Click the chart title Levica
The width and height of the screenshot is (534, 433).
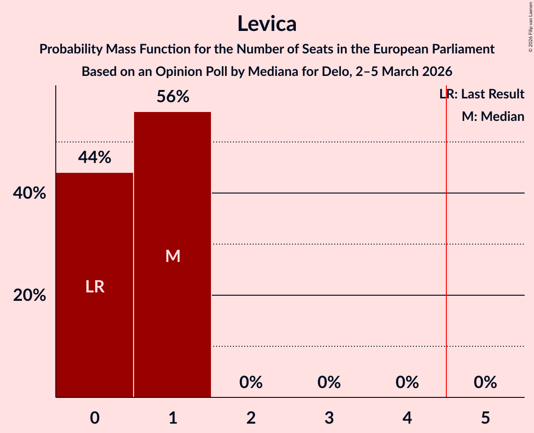point(267,23)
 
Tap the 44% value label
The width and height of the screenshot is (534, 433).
point(95,157)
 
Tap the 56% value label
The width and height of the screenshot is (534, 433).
point(173,97)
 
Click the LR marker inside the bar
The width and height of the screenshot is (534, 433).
point(95,286)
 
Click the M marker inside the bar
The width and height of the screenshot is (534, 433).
point(173,256)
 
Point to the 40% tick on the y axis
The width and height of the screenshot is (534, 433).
point(29,193)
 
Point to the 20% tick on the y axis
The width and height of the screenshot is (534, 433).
point(29,295)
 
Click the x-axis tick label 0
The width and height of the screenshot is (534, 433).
point(95,418)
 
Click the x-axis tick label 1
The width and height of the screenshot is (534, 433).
point(173,418)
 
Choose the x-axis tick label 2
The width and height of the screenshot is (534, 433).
point(251,418)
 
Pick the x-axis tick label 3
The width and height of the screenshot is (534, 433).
point(329,418)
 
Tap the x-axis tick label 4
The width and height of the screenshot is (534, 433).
point(407,418)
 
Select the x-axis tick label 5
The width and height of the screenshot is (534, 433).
point(485,418)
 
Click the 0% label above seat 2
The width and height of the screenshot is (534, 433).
point(251,382)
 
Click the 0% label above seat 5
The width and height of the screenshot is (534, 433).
point(485,382)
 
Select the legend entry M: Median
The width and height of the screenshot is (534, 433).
point(493,116)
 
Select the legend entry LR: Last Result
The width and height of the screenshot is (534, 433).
point(482,94)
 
